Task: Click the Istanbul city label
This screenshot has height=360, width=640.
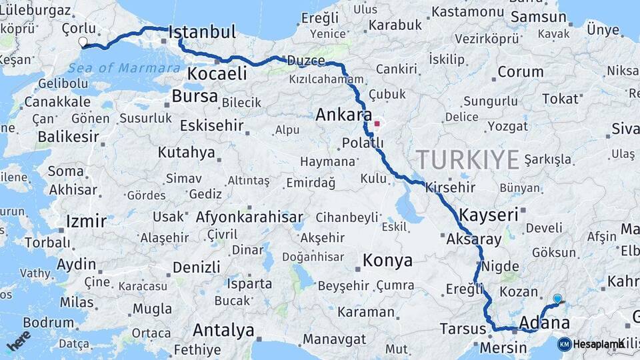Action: (x=203, y=32)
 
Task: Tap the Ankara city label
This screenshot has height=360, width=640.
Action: (x=343, y=114)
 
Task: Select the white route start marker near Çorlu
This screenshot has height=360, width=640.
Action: (x=83, y=42)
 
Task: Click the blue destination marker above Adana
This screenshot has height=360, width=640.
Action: (x=557, y=299)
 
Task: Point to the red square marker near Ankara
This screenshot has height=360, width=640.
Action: (x=377, y=123)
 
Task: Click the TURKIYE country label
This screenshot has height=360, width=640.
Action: (x=467, y=160)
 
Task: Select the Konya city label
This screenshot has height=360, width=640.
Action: (x=387, y=261)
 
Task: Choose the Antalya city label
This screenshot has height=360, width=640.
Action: (x=223, y=330)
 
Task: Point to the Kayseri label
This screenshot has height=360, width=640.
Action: (x=489, y=215)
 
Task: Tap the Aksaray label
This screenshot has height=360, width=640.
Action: (x=474, y=239)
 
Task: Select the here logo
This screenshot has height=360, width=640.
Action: (x=19, y=340)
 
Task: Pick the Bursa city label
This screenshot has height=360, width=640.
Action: (x=195, y=96)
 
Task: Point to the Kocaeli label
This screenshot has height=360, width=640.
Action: (x=217, y=73)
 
